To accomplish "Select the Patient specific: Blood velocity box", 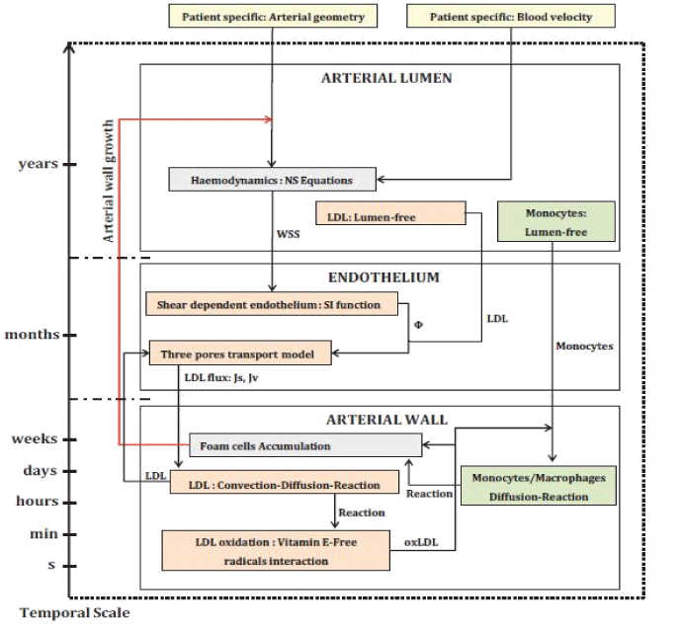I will tap(511, 16).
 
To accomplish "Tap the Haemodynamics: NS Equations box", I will tap(274, 180).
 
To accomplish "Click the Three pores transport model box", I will tap(240, 352).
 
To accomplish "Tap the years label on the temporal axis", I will tap(38, 164).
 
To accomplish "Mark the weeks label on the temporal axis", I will tap(35, 439).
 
